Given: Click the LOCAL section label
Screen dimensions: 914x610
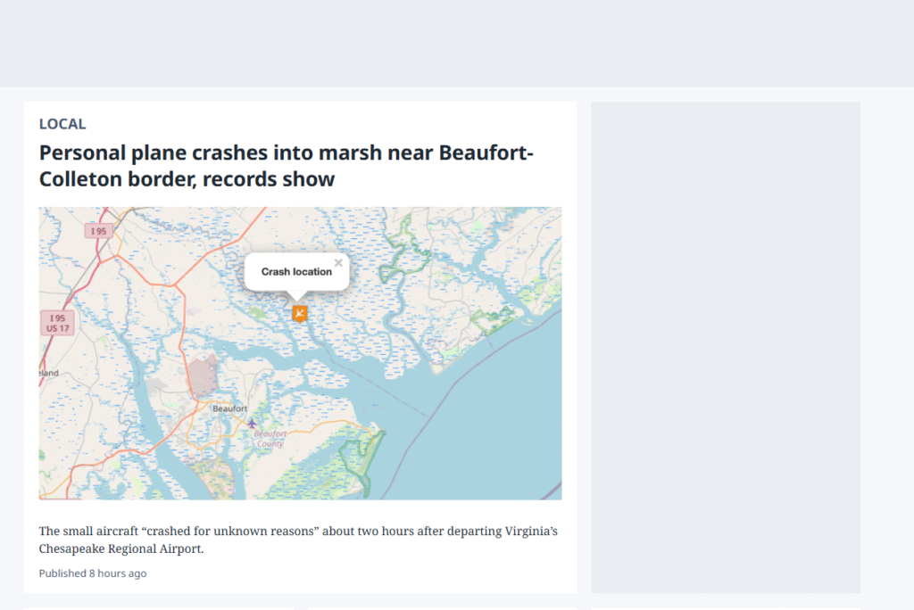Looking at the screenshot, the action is pyautogui.click(x=62, y=124).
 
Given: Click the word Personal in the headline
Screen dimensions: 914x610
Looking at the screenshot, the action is pyautogui.click(x=82, y=152).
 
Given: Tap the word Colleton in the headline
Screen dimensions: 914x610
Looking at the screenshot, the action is pyautogui.click(x=80, y=179).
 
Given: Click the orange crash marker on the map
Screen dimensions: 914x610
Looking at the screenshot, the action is pyautogui.click(x=300, y=313).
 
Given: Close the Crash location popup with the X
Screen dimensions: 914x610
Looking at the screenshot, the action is pyautogui.click(x=338, y=263).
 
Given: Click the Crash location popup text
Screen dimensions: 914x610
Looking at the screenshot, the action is pyautogui.click(x=296, y=271).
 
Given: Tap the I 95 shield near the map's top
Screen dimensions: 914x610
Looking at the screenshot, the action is pyautogui.click(x=98, y=231).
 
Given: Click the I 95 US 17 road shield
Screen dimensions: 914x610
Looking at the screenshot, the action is pyautogui.click(x=57, y=323).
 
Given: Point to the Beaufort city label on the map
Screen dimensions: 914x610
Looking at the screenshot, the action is pyautogui.click(x=229, y=408).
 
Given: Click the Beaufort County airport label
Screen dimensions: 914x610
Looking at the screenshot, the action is pyautogui.click(x=270, y=439).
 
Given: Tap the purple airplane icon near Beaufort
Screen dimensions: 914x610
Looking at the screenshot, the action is pyautogui.click(x=252, y=423).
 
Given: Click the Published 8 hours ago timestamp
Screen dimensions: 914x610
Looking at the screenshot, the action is pyautogui.click(x=93, y=573).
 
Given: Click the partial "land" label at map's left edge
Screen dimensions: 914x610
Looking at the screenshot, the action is pyautogui.click(x=49, y=373).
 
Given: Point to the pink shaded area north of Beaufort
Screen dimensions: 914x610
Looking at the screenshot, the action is pyautogui.click(x=203, y=376).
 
